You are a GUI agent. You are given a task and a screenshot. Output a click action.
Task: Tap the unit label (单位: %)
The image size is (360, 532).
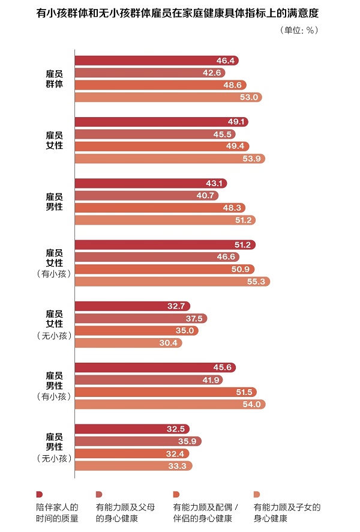click(x=299, y=30)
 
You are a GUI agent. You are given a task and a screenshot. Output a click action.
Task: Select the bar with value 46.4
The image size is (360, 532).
click(x=156, y=61)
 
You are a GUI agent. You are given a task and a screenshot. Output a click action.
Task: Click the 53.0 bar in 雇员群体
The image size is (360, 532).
click(x=168, y=97)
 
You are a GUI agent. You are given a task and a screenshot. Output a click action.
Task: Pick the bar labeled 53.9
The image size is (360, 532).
click(x=169, y=159)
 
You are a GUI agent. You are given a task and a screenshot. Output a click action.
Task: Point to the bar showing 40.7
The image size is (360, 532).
click(x=146, y=195)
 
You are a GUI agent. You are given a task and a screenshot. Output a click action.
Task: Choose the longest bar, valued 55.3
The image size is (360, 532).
click(x=172, y=281)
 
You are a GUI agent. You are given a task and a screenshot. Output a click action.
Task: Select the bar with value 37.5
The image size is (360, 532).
click(x=140, y=318)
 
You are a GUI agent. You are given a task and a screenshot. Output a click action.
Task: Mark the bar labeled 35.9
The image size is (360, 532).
click(x=137, y=441)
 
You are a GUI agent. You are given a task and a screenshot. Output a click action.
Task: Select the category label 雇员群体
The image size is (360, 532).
click(x=55, y=79)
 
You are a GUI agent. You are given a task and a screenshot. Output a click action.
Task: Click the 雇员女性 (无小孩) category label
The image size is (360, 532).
click(x=55, y=324)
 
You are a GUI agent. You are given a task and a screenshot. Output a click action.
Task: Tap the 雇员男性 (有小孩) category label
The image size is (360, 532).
click(x=55, y=385)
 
